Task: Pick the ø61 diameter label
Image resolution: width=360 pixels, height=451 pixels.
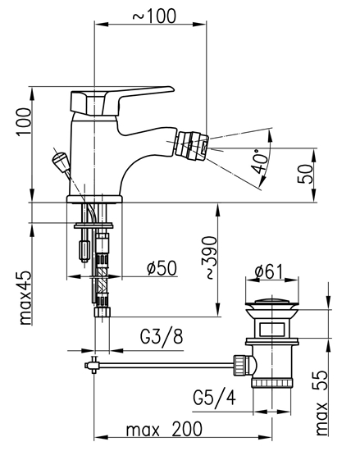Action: coord(271,271)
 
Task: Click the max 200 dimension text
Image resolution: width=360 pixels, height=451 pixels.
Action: coord(164,429)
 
